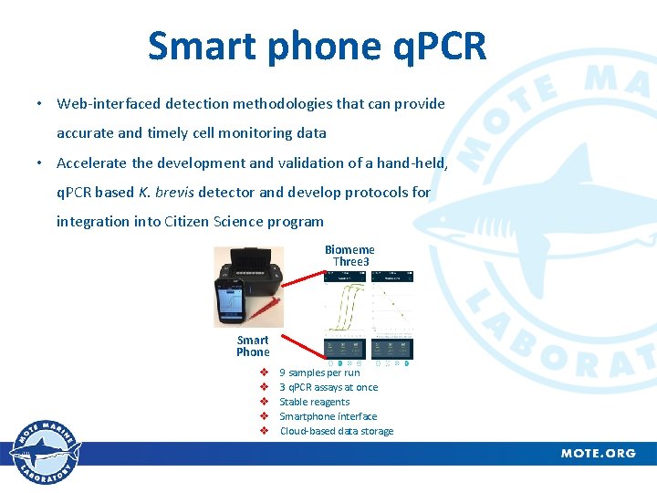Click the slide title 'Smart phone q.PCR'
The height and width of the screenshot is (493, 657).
coord(317,46)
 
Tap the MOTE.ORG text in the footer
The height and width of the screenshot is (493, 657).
coord(598,454)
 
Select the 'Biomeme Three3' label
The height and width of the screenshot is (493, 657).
coord(349,256)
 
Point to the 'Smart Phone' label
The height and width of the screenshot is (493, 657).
coord(253,346)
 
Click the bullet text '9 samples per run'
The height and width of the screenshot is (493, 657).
coord(319,372)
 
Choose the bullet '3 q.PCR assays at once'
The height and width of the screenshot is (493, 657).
coord(328,387)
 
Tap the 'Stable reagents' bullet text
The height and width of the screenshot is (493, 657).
coord(315,402)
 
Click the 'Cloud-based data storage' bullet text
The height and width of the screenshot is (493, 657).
coord(337,431)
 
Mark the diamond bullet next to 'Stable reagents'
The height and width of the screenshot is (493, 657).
coord(263,402)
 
